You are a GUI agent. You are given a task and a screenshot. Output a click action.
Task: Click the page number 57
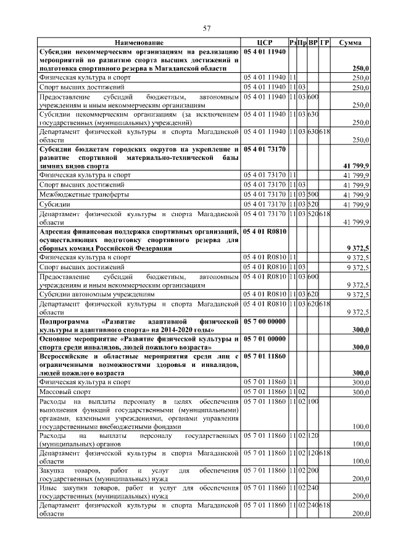click(x=207, y=28)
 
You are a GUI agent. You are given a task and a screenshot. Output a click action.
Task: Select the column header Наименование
click(x=139, y=42)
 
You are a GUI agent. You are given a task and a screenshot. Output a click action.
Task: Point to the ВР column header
click(x=314, y=42)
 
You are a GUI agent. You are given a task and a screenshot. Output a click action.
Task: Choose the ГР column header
click(x=325, y=42)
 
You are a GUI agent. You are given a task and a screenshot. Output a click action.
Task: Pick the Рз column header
click(x=293, y=42)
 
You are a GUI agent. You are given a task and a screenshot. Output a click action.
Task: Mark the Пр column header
click(x=302, y=42)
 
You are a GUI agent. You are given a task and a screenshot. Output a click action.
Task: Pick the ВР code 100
click(x=313, y=401)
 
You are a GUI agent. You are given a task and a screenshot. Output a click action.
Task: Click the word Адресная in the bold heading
click(x=59, y=230)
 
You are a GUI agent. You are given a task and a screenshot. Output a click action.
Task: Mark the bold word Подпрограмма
click(x=69, y=322)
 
